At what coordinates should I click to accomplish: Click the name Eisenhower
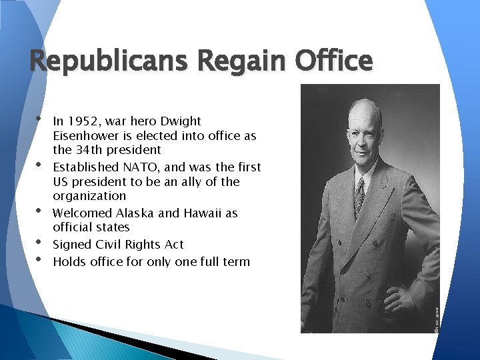85,135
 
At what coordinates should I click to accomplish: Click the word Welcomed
82,213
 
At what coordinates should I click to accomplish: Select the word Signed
71,245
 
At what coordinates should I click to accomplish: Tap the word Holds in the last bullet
69,261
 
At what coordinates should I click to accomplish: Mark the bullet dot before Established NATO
39,163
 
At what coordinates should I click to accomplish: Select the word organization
89,196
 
